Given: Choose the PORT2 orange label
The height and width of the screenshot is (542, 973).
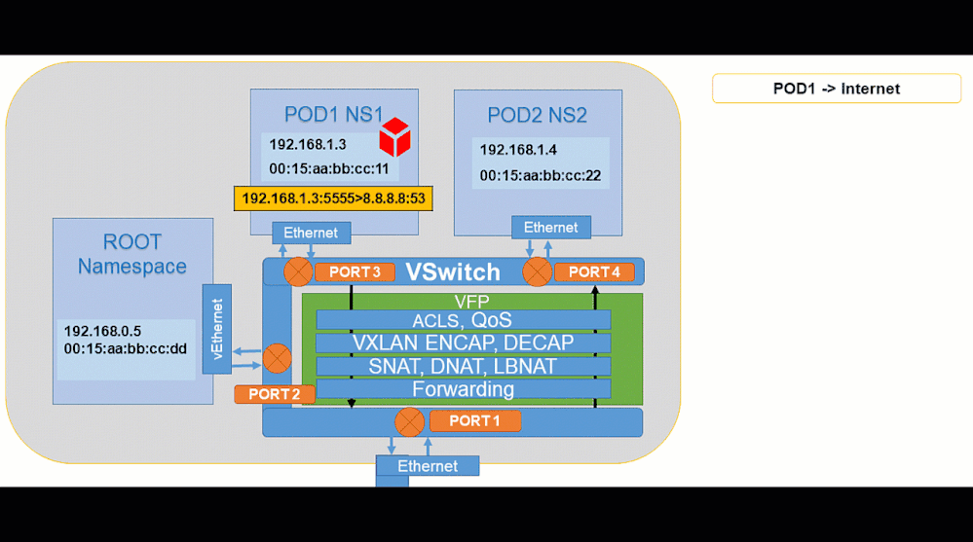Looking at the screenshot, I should pos(274,394).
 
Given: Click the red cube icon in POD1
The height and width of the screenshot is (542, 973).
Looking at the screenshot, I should pos(394,137).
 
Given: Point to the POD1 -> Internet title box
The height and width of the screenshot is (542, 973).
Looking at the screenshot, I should pos(836,89).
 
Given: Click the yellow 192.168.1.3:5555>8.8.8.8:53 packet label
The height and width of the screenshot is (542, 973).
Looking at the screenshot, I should pos(333,199).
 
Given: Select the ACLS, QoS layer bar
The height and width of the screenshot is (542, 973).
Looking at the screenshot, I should pos(463,320).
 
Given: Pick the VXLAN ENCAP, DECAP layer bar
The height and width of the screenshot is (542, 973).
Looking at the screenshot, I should pos(463,343).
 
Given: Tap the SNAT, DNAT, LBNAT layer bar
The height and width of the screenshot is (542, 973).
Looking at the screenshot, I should pos(463,366).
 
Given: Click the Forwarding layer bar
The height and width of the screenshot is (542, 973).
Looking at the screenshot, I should pos(463,389).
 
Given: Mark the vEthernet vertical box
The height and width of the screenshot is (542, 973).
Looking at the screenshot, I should pos(216,328).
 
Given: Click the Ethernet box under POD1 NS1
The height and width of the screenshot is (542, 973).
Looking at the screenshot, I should pos(311,233).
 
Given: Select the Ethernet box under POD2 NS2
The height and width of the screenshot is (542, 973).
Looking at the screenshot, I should pos(550,228).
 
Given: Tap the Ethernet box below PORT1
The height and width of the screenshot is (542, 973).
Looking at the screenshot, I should pos(428,466).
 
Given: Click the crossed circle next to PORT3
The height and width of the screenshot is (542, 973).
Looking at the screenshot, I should pos(298,272).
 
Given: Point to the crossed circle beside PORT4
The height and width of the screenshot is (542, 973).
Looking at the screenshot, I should pos(537,272).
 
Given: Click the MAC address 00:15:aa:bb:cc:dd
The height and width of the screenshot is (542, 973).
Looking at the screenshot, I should pos(125,348).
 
